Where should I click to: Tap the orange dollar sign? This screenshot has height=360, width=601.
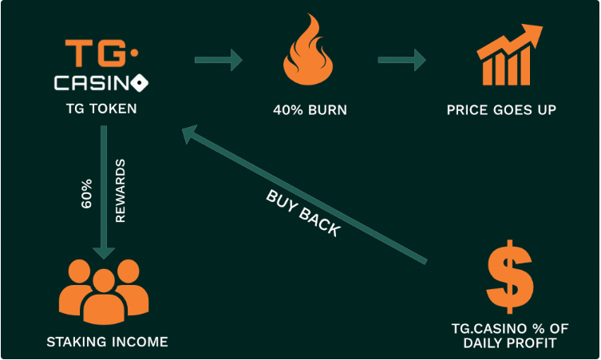tap(509, 276)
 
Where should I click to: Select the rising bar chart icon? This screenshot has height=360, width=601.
tap(509, 55)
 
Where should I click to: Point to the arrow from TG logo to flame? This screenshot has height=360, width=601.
tap(219, 60)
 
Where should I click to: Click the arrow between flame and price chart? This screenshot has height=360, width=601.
tap(401, 60)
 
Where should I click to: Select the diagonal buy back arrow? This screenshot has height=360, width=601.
tap(304, 195)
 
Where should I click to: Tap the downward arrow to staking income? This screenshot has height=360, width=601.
tap(104, 192)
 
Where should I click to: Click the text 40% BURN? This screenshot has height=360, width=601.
tap(310, 110)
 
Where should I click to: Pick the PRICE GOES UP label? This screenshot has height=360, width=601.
tap(501, 110)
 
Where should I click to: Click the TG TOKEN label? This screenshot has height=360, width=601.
tap(101, 109)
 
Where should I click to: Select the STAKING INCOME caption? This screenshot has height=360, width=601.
tap(107, 342)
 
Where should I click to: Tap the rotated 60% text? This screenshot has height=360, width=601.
tap(87, 194)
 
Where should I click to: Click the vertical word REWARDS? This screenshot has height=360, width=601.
tap(121, 191)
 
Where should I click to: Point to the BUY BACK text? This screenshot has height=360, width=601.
tap(303, 213)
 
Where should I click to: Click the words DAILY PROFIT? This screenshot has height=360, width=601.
tap(509, 342)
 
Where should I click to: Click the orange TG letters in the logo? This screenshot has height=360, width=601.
tap(95, 53)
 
